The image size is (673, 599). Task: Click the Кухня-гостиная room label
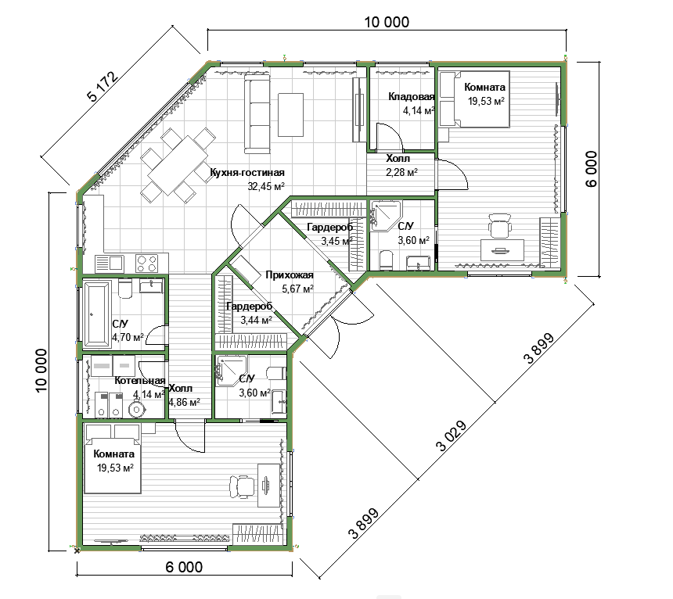coord(247,172)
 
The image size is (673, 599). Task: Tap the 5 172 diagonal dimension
coord(103,86)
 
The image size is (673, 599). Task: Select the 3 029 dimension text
coord(451,436)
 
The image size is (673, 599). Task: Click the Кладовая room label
coord(411,96)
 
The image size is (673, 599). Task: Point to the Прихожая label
coord(290,274)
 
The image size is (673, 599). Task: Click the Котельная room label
coord(140,381)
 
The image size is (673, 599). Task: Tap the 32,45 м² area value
coord(266,186)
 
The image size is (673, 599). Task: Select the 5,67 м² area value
coord(297,289)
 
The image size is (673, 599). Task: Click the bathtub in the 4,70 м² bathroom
coord(96,314)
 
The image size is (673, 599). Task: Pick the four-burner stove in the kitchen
coord(147,263)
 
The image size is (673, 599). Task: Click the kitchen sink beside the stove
coord(110,263)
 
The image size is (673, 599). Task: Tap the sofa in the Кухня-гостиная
coord(257,113)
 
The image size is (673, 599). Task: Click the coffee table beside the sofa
coord(290,114)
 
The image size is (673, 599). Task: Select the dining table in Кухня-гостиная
coord(178,165)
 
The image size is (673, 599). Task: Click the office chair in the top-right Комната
coord(500,225)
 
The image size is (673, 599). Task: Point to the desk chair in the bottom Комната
coord(242,487)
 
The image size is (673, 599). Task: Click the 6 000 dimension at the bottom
coord(184,567)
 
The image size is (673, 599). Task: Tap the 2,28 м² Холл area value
coord(401,172)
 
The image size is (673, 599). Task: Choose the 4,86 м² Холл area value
coord(185,402)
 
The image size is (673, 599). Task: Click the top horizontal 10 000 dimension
coord(387,22)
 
